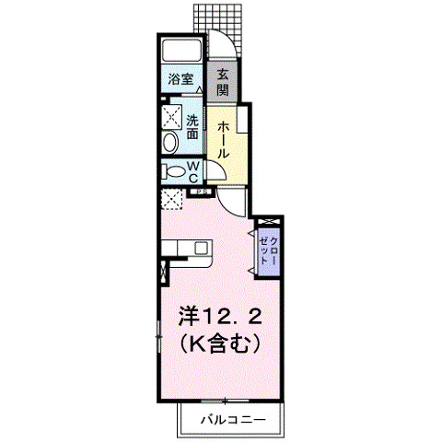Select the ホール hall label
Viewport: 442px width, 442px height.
click(x=223, y=141)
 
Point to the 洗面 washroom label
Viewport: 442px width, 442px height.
click(x=192, y=126)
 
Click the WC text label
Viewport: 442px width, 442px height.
click(x=193, y=171)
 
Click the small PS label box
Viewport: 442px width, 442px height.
click(x=198, y=192)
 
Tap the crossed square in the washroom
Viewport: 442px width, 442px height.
click(x=171, y=116)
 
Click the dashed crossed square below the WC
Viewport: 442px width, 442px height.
click(x=169, y=196)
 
